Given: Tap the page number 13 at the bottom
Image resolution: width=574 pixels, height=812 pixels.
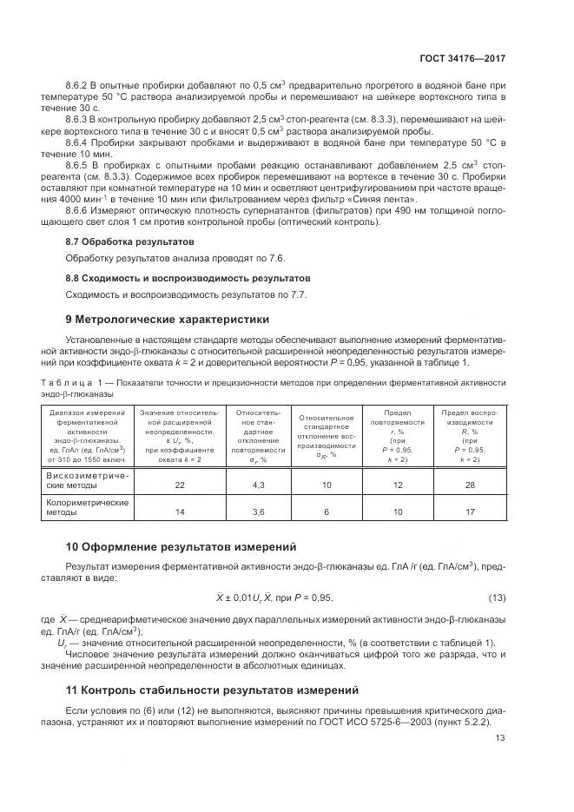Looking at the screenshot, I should coord(500,738).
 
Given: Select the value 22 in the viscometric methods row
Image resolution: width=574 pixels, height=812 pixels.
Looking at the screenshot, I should coord(180,485).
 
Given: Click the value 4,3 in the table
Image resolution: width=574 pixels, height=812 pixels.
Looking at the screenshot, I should coord(258,485).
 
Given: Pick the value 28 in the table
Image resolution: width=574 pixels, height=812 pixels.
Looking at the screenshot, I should coord(470,485).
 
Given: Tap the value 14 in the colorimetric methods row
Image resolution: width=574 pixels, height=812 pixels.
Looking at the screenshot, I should coord(180,513).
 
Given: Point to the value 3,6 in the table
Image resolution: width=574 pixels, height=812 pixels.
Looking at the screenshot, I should coord(258,513).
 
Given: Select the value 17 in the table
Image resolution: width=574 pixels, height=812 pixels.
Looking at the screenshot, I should coord(470,513).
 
